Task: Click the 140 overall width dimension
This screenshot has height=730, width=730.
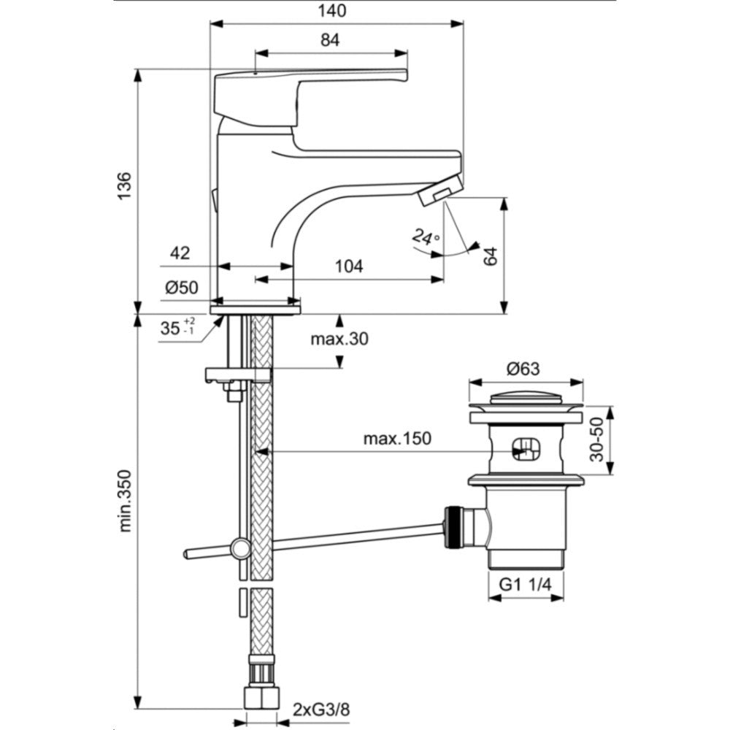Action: click(332, 10)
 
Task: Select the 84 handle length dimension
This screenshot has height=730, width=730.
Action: click(330, 40)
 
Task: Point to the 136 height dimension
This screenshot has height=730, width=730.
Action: click(124, 185)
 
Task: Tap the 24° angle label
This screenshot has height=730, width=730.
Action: click(426, 237)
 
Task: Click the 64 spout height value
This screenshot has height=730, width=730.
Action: click(491, 256)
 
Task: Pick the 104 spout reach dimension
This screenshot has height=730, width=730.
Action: click(349, 266)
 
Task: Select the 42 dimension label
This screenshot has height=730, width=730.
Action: click(180, 253)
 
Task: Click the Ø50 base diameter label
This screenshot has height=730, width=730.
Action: click(182, 288)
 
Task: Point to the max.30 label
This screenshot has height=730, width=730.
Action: click(339, 339)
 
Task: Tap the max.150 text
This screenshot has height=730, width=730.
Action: click(397, 438)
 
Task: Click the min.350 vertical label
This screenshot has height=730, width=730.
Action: click(125, 501)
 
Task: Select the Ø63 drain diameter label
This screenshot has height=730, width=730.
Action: click(523, 369)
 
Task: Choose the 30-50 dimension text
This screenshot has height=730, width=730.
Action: click(596, 439)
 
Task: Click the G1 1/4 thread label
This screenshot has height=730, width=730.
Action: click(526, 584)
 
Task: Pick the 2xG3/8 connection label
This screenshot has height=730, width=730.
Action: click(320, 710)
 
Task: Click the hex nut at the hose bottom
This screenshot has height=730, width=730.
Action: click(261, 697)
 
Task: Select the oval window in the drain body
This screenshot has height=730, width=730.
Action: click(526, 449)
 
